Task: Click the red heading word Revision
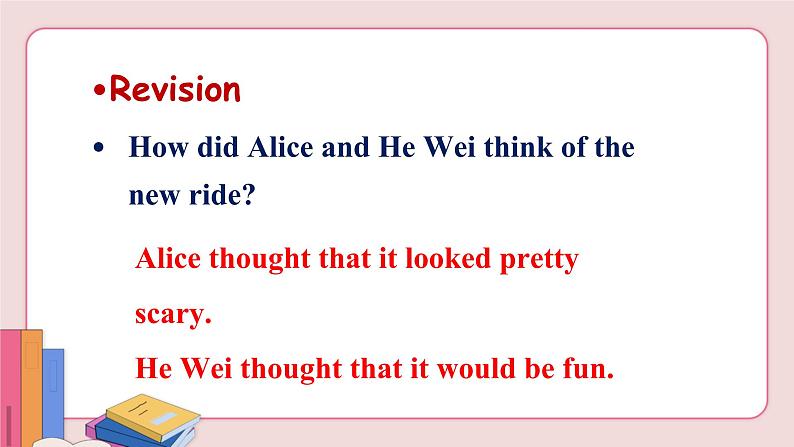[x=175, y=89]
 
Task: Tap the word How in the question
[x=158, y=147]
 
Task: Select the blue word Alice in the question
[x=281, y=147]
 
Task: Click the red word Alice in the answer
[x=168, y=258]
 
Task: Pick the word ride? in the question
[x=222, y=194]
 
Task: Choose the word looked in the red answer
[x=448, y=258]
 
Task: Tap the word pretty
[x=539, y=260]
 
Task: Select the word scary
[x=173, y=315]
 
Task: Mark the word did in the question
[x=218, y=147]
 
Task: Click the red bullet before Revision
[x=100, y=91]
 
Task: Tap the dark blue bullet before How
[x=98, y=148]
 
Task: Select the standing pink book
[x=10, y=388]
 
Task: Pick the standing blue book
[x=53, y=393]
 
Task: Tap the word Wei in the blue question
[x=449, y=147]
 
